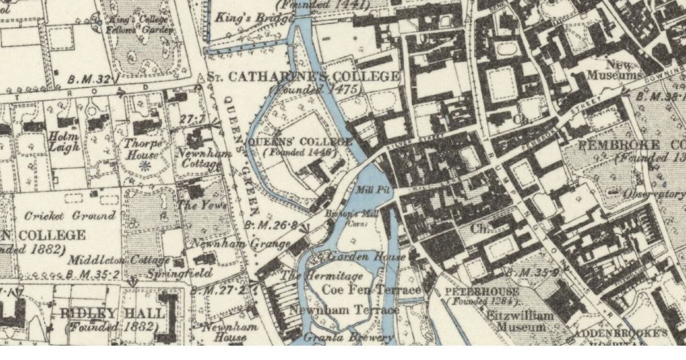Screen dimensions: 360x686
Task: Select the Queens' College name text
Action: click(x=300, y=141)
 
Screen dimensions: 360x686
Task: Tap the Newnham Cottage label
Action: click(x=203, y=159)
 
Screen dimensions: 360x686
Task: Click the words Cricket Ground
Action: click(x=70, y=215)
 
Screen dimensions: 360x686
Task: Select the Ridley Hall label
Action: click(x=112, y=313)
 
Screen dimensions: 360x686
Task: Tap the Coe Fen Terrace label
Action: click(x=372, y=290)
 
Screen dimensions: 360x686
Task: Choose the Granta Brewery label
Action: click(x=348, y=337)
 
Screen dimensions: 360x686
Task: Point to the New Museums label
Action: click(x=624, y=69)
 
